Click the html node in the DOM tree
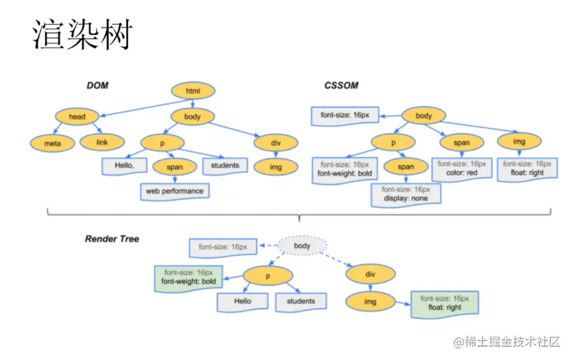coord(193,91)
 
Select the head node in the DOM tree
coord(77,116)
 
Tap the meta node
coord(52,143)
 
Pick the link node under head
coord(102,142)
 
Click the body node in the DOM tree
coord(193,116)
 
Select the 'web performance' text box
coord(175,191)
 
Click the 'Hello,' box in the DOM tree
coord(125,166)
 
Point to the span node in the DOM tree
coord(175,167)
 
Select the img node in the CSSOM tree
coord(519,142)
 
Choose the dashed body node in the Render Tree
coord(302,246)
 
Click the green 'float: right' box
coord(444,303)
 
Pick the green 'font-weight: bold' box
coord(188,276)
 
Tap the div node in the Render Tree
coord(370,275)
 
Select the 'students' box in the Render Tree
coord(301,301)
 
